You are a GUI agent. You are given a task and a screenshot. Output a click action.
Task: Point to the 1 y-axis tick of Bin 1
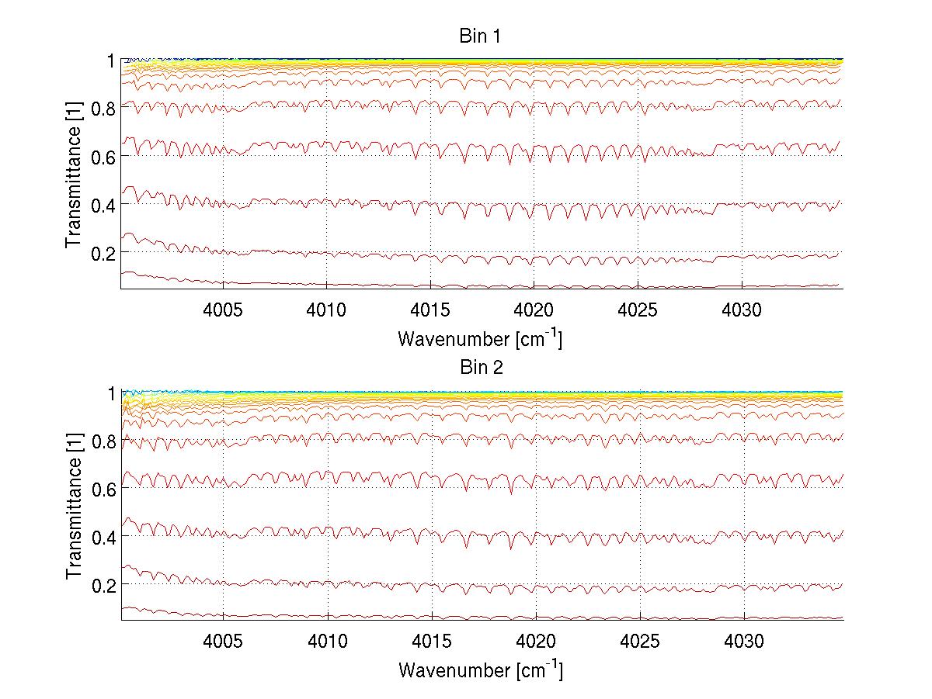tap(111, 60)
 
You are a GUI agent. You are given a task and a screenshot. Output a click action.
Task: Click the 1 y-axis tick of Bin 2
tap(111, 393)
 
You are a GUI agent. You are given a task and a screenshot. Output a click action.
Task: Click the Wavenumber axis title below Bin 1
tap(480, 338)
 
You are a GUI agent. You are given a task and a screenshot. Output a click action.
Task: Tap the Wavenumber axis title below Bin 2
tap(480, 670)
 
